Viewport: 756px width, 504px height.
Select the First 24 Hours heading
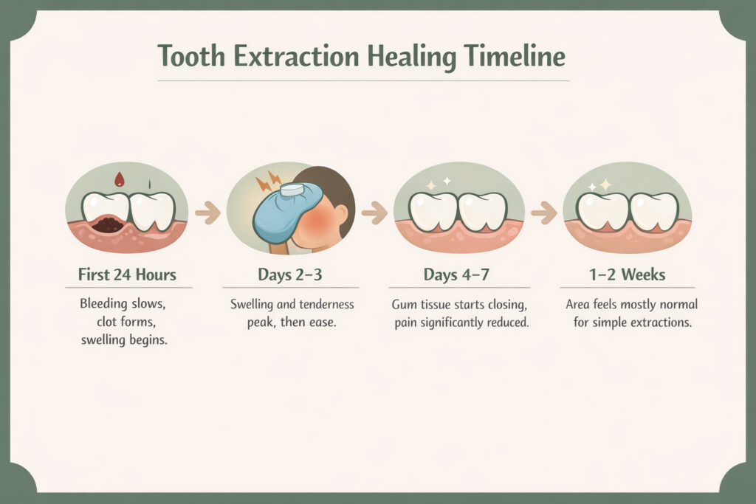[x=127, y=275]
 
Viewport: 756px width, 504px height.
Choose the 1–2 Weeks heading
[x=627, y=275]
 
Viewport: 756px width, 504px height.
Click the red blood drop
[x=117, y=179]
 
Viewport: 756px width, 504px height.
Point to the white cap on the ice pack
[x=292, y=190]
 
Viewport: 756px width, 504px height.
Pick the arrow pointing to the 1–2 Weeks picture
[x=543, y=214]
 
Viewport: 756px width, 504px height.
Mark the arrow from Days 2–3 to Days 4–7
[x=376, y=214]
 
